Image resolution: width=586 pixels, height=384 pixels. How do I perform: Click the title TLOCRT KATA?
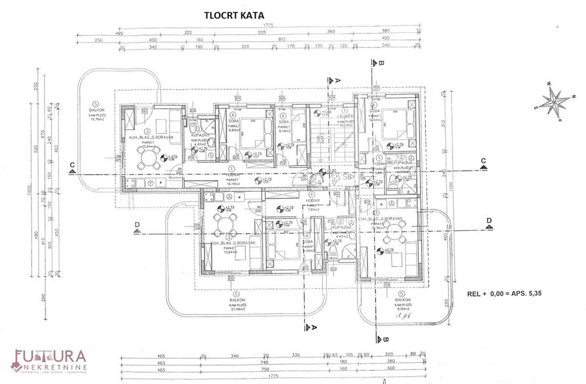click(x=234, y=15)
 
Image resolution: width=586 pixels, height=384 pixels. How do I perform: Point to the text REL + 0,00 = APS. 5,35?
click(x=505, y=294)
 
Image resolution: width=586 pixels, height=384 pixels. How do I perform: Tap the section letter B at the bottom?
click(x=385, y=339)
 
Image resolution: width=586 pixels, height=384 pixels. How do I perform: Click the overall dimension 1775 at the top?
click(x=268, y=25)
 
